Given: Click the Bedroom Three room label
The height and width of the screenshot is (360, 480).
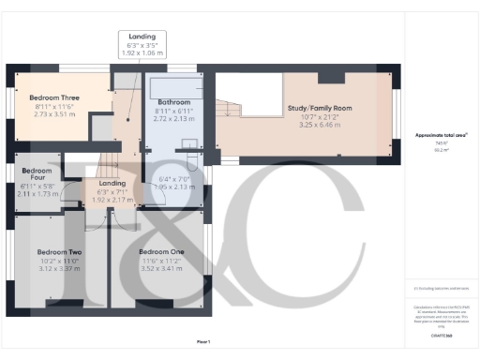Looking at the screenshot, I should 53,97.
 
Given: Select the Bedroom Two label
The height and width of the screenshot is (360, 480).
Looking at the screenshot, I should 59,252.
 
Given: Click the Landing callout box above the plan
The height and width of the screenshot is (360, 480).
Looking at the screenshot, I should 143,45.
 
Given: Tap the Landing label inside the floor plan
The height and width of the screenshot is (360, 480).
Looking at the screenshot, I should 112,184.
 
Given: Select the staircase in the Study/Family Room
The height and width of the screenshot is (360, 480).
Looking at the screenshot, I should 230,94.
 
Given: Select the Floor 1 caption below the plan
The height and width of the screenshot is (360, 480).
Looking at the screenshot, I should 203,341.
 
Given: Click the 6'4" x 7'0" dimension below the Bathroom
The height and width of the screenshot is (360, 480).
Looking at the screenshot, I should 173,179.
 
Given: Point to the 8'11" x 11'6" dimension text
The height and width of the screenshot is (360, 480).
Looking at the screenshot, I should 53,107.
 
